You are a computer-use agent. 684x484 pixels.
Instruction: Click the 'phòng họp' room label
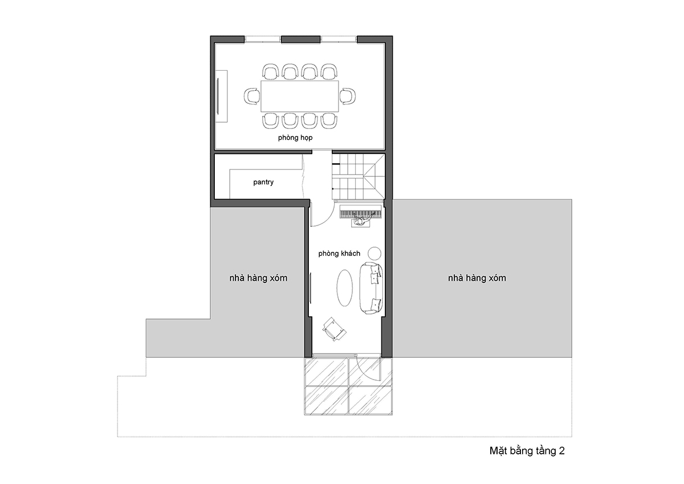pyautogui.click(x=295, y=138)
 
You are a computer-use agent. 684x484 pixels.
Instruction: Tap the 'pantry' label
pyautogui.click(x=263, y=182)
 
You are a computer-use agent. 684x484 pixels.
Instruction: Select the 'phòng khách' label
pyautogui.click(x=339, y=253)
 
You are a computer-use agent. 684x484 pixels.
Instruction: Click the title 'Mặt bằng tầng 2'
pyautogui.click(x=527, y=451)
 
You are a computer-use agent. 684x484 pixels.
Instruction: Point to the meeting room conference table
pyautogui.click(x=300, y=96)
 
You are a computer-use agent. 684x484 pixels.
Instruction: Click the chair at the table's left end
pyautogui.click(x=252, y=96)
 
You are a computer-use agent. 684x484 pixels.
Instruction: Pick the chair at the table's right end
pyautogui.click(x=348, y=96)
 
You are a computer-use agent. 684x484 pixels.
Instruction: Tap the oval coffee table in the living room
pyautogui.click(x=344, y=288)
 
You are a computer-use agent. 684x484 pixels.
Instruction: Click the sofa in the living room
pyautogui.click(x=371, y=288)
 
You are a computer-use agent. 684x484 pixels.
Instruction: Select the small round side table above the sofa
pyautogui.click(x=374, y=253)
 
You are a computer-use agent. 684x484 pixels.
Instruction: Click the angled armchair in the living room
pyautogui.click(x=334, y=329)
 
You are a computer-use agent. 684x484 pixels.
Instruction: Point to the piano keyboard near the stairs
pyautogui.click(x=361, y=212)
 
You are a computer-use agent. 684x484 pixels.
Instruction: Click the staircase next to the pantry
pyautogui.click(x=359, y=176)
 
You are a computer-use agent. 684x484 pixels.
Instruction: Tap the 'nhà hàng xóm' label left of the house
pyautogui.click(x=258, y=278)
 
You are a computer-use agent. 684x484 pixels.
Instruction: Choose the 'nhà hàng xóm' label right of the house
pyautogui.click(x=477, y=278)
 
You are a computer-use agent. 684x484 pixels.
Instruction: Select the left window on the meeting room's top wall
pyautogui.click(x=263, y=39)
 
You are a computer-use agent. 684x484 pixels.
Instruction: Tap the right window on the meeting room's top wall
pyautogui.click(x=339, y=39)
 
